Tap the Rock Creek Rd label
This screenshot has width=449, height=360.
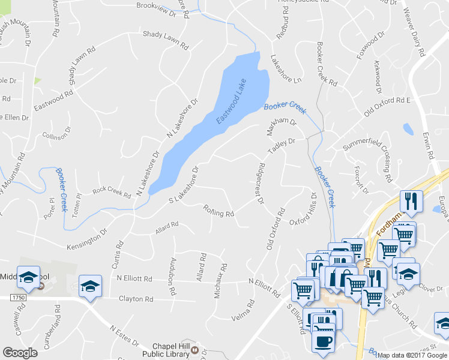(x=111, y=193)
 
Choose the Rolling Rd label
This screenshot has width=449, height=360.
(x=218, y=212)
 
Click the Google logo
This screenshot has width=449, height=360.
(x=20, y=353)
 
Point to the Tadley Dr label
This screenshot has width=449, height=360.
(x=282, y=146)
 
